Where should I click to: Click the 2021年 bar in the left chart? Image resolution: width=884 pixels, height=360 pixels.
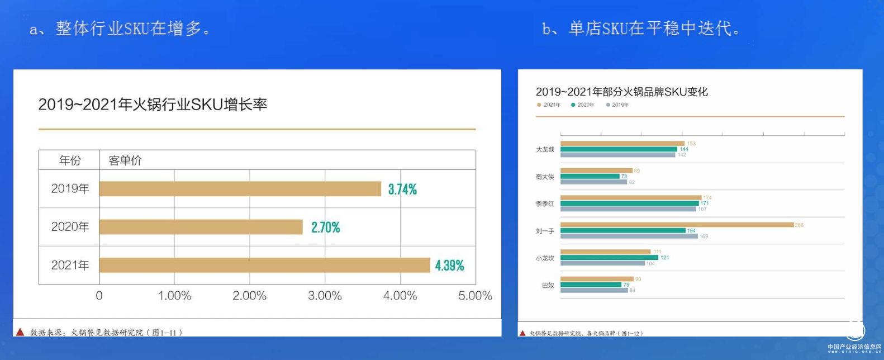pos(264,265)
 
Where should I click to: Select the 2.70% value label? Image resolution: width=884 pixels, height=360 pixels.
pos(326,228)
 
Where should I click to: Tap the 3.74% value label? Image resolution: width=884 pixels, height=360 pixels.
pos(402,190)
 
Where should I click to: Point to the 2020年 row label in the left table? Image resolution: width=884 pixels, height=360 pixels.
pos(70,227)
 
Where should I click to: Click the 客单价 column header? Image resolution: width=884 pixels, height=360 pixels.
pos(125,161)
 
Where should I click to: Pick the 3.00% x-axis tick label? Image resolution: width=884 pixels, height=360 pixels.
pos(325,296)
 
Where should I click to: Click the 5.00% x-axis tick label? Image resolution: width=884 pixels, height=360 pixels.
pos(475,296)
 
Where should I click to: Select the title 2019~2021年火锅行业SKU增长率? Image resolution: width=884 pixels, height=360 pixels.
pos(153,105)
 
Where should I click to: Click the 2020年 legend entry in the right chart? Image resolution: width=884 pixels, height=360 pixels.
pos(583,105)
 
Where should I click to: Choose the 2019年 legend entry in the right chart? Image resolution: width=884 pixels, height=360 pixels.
pos(617,105)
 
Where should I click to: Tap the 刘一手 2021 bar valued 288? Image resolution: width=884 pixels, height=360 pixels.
pos(677,225)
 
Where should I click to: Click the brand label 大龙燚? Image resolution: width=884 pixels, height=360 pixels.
pos(545,149)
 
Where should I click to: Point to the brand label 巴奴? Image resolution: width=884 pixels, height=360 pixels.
pos(548,285)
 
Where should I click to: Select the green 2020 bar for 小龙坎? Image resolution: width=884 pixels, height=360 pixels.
pos(609,258)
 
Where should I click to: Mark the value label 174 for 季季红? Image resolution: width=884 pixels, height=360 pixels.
pos(707,198)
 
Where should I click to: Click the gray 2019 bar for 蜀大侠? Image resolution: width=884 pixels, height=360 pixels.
pos(594,182)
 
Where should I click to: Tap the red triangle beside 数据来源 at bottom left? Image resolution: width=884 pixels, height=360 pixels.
pos(20,332)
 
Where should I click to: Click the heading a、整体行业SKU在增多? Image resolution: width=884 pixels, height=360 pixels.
pos(120,29)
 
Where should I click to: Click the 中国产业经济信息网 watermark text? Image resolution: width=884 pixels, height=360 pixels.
pos(854,347)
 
